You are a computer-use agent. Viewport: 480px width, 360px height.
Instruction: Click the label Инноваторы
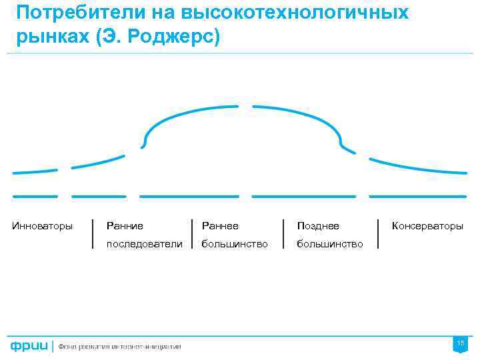click(43, 226)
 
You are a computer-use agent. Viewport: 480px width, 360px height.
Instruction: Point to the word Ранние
click(125, 226)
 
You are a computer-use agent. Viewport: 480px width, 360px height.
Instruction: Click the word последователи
click(144, 244)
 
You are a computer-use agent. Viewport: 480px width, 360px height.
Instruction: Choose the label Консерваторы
click(427, 226)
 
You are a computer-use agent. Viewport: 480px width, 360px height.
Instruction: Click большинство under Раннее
click(235, 244)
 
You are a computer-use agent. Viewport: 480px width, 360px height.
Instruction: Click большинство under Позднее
click(330, 244)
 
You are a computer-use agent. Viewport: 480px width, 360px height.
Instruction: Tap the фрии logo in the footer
click(28, 347)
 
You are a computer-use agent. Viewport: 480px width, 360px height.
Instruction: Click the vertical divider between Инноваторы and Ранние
click(92, 233)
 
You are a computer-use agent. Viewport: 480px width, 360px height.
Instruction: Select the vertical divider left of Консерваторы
click(378, 233)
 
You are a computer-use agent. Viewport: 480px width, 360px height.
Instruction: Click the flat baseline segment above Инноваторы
click(35, 196)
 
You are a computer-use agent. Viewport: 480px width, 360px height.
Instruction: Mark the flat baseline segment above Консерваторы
click(417, 196)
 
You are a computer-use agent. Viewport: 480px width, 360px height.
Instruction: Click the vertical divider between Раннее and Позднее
click(283, 233)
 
